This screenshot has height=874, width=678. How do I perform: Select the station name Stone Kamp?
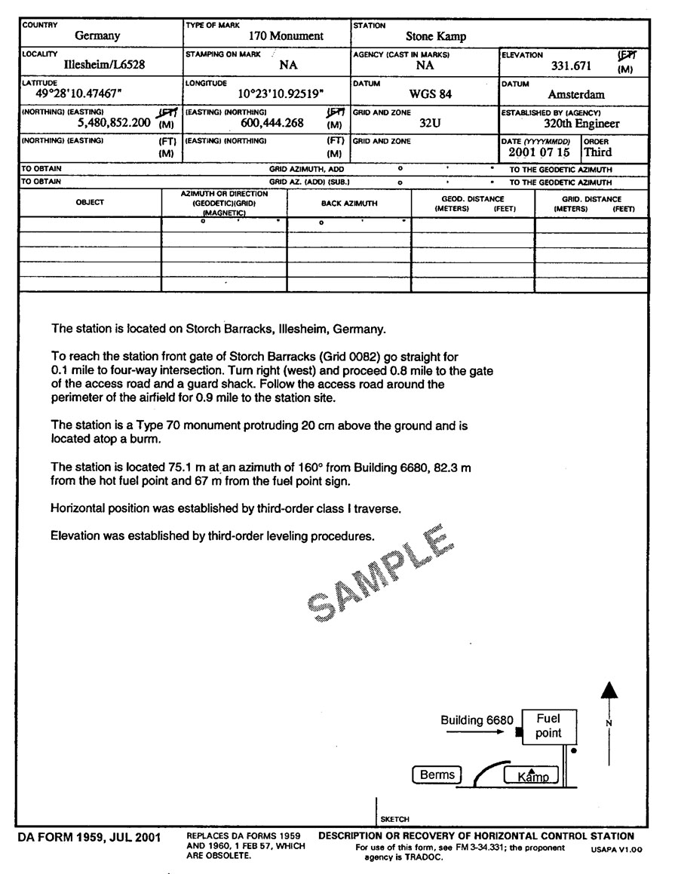click(x=436, y=35)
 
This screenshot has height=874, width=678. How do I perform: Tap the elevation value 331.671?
click(x=571, y=66)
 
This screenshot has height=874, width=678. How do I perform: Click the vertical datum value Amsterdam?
click(x=576, y=95)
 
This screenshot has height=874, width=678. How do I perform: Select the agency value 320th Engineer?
click(x=581, y=123)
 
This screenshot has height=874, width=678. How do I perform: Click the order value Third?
click(x=598, y=152)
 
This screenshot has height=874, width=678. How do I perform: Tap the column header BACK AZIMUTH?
click(x=349, y=204)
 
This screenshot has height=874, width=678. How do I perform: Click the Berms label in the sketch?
click(x=437, y=774)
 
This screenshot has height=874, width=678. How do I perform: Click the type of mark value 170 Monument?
click(x=286, y=35)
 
